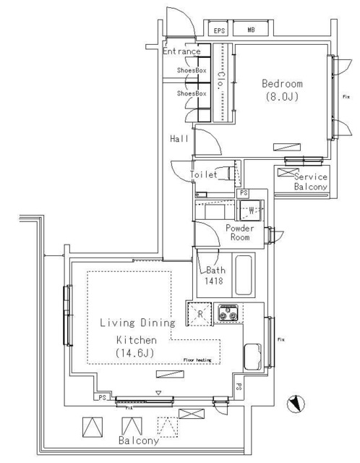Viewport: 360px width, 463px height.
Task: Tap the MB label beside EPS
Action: click(x=250, y=31)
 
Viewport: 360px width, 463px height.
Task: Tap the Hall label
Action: click(x=179, y=138)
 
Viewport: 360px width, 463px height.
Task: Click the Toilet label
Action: click(x=204, y=175)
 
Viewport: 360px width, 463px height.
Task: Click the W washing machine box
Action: click(x=251, y=211)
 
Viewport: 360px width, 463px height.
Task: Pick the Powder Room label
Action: click(x=239, y=232)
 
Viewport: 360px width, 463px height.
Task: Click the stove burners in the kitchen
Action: click(x=229, y=314)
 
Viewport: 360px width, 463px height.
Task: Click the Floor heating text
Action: click(x=199, y=360)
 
